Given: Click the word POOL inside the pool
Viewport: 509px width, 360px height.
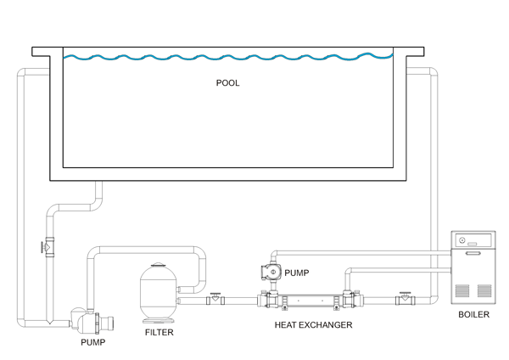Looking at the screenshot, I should tap(227, 83).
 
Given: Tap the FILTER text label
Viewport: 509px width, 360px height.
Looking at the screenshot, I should tap(159, 333).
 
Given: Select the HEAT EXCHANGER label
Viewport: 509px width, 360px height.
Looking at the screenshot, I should tap(313, 325).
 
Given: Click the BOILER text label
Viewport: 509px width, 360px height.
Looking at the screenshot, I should tap(473, 315).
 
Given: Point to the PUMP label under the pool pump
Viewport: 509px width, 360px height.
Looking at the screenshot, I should tap(93, 343).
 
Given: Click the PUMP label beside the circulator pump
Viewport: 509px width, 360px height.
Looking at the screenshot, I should tap(297, 273).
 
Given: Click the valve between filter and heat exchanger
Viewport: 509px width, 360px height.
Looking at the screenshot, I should tap(215, 299).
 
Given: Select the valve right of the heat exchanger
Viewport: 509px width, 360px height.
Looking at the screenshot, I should tap(404, 299).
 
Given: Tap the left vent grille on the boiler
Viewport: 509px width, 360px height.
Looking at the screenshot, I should tap(462, 290).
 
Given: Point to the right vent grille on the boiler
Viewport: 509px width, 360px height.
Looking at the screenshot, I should tap(484, 290).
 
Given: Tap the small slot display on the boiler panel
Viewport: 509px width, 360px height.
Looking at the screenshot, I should tap(473, 251).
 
